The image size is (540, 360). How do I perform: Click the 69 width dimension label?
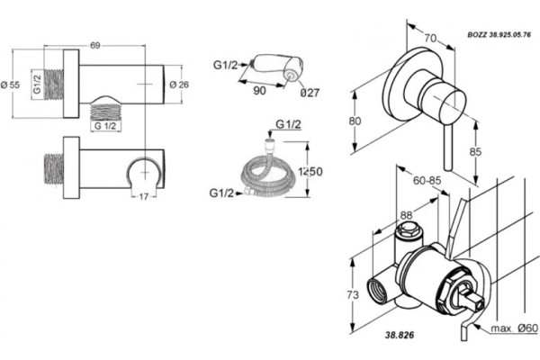tap(95, 46)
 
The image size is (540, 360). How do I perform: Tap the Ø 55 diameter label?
tap(10, 85)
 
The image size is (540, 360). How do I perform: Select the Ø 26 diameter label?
tap(179, 84)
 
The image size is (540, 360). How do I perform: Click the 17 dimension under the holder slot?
tap(144, 197)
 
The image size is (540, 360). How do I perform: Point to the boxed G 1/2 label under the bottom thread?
tap(105, 126)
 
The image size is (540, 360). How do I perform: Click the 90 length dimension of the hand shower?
tap(259, 91)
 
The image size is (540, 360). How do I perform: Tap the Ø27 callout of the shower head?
tap(310, 93)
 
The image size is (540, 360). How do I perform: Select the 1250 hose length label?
tap(310, 171)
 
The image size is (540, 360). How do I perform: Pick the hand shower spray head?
tap(278, 67)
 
